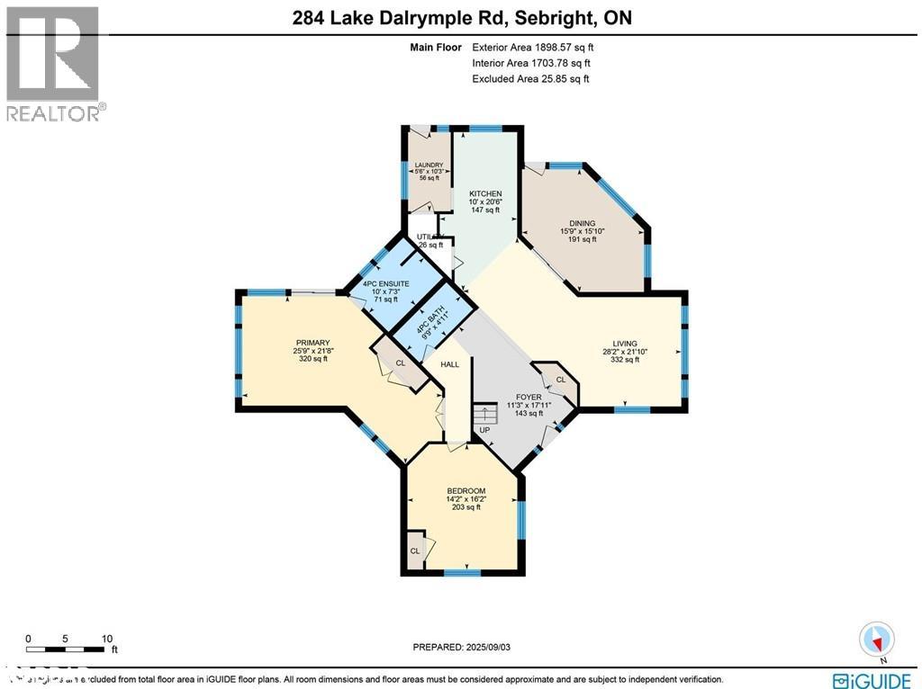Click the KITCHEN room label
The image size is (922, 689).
[x=485, y=193]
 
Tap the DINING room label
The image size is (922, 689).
[x=583, y=223]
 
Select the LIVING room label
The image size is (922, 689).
[x=625, y=344]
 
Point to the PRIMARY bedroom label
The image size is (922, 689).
[x=312, y=343]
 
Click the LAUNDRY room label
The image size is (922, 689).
[x=429, y=166]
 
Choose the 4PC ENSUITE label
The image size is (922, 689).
[x=385, y=284]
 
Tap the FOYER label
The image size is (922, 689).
[x=529, y=397]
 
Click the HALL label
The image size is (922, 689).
[x=449, y=364]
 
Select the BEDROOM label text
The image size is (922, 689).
[x=466, y=491]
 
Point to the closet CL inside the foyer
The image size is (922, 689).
[x=560, y=380]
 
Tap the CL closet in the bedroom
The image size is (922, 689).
[x=415, y=550]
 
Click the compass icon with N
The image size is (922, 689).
[x=876, y=640]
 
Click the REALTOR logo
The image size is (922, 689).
[x=54, y=63]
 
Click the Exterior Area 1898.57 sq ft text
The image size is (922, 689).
[x=532, y=47]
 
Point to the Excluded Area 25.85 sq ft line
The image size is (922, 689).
[x=530, y=79]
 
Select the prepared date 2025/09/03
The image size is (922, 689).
[x=466, y=647]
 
